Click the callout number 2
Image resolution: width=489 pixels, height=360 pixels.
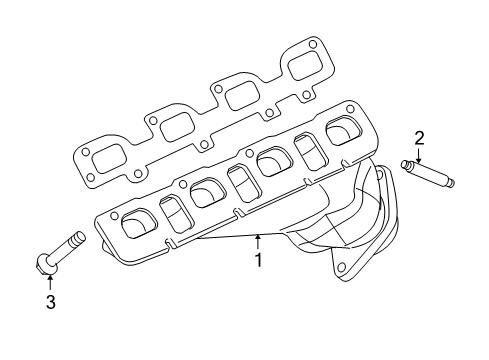pyautogui.click(x=420, y=137)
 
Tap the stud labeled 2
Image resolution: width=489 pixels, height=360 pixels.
pyautogui.click(x=431, y=172)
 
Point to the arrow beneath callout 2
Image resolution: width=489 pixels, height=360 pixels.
pyautogui.click(x=420, y=154)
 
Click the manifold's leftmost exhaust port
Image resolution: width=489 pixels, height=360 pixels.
pyautogui.click(x=134, y=225)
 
